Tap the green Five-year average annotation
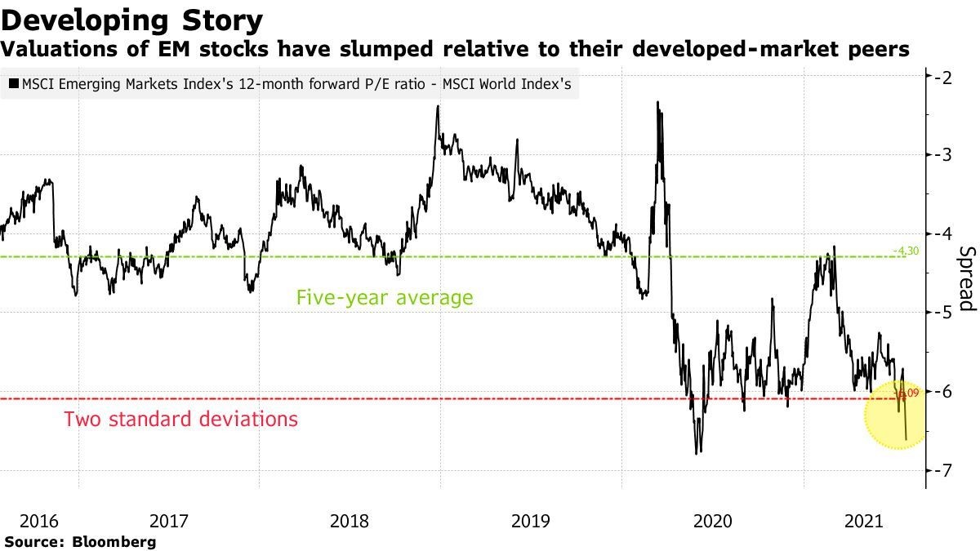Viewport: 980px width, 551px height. click(384, 297)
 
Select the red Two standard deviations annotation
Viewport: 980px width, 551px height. click(180, 420)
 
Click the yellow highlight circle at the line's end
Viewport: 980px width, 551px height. click(897, 415)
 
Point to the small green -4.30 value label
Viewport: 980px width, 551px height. click(906, 251)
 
